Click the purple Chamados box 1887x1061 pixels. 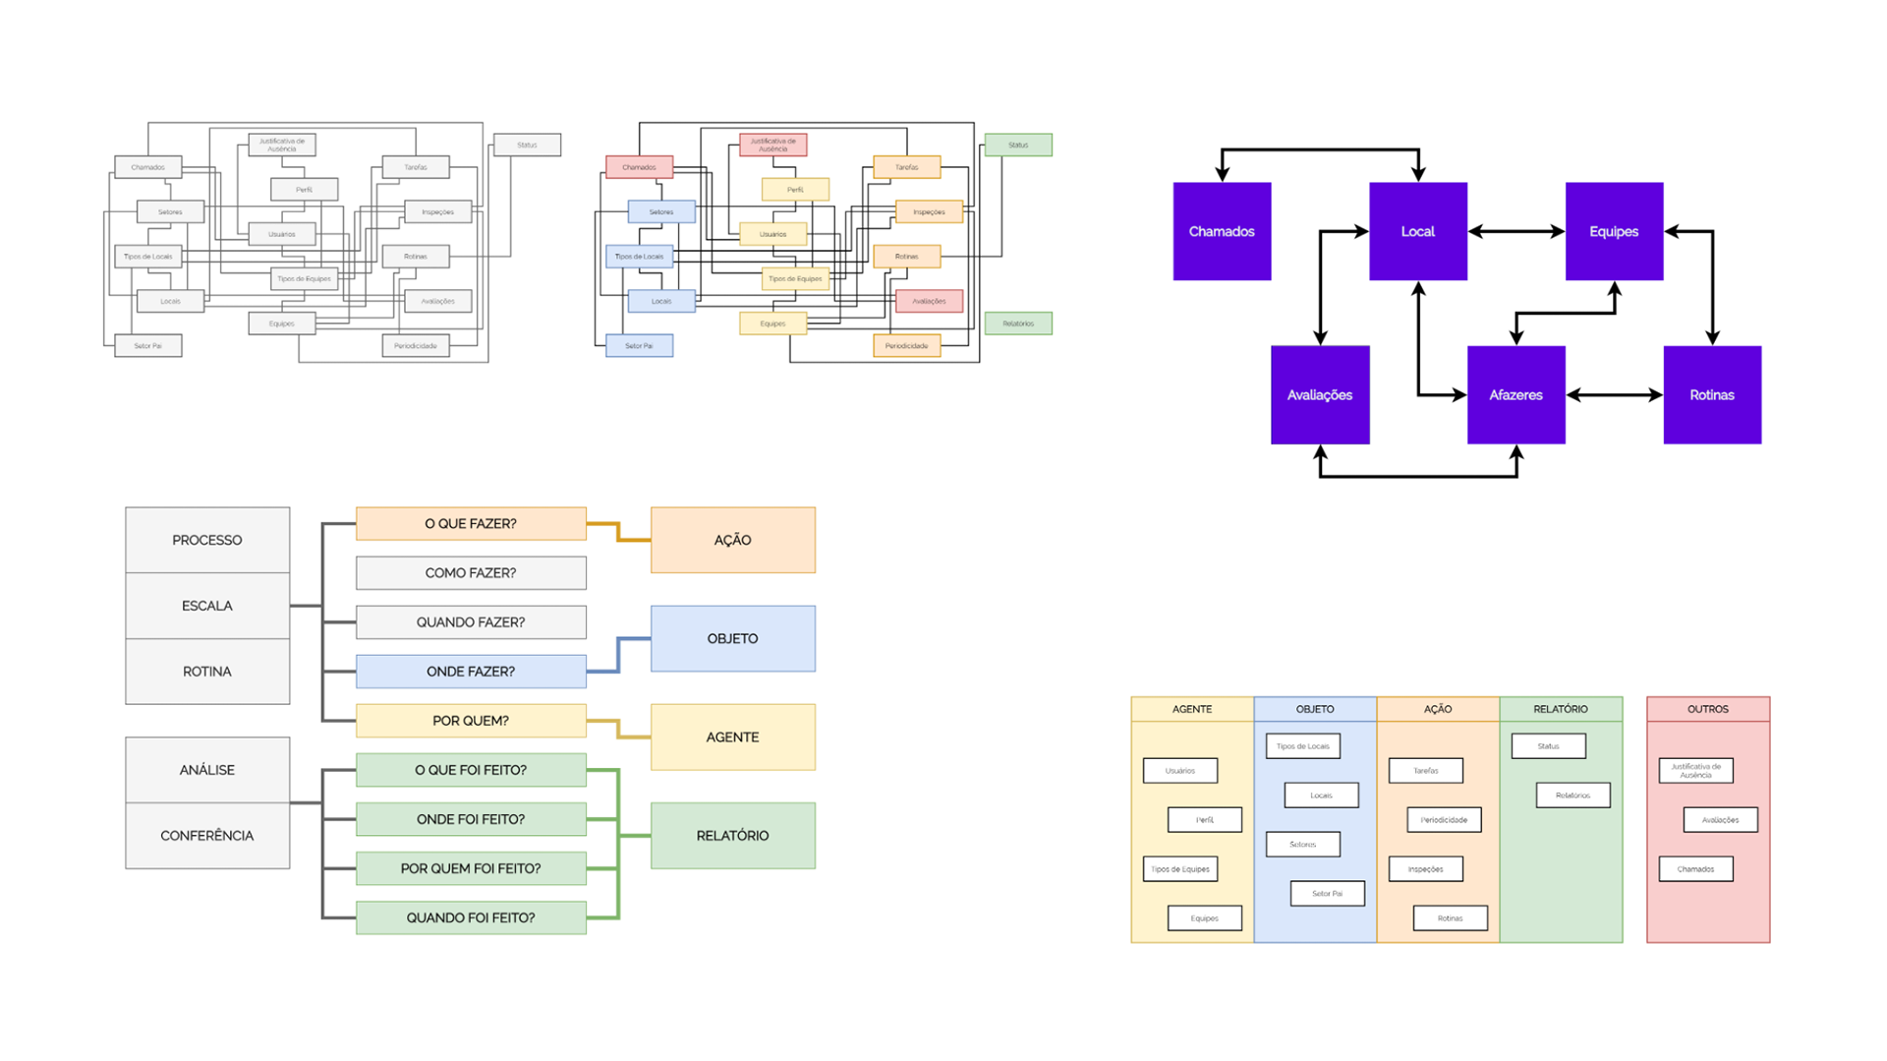tap(1222, 231)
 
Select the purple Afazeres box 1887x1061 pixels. tap(1515, 394)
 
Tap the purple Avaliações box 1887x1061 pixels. tap(1319, 394)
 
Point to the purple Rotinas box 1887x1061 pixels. tap(1711, 394)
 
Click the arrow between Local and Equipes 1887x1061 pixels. tap(1515, 231)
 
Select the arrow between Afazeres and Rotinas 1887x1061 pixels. tap(1614, 394)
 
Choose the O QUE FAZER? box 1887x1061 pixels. tap(471, 523)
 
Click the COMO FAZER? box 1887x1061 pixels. tap(471, 572)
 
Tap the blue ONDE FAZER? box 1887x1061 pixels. tap(471, 671)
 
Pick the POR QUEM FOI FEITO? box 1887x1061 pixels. tap(471, 868)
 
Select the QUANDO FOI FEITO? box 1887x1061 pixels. tap(471, 917)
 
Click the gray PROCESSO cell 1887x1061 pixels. tap(207, 540)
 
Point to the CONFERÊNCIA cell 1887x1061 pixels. tap(207, 835)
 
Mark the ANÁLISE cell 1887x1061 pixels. tap(207, 769)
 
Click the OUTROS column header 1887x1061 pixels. tap(1707, 708)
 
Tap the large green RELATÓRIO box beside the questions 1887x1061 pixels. tap(732, 835)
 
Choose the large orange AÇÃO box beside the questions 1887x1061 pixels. tap(732, 540)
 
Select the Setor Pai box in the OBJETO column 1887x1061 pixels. tap(1327, 893)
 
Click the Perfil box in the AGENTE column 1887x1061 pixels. tap(1204, 819)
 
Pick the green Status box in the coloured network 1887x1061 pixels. tap(1018, 145)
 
